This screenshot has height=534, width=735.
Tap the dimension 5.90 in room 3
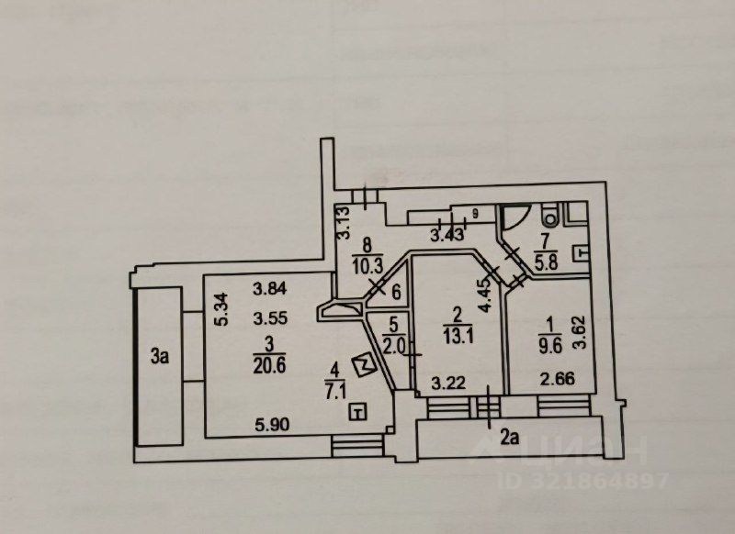click(x=272, y=425)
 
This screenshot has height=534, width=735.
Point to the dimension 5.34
click(x=220, y=310)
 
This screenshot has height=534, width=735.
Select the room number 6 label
click(x=396, y=294)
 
